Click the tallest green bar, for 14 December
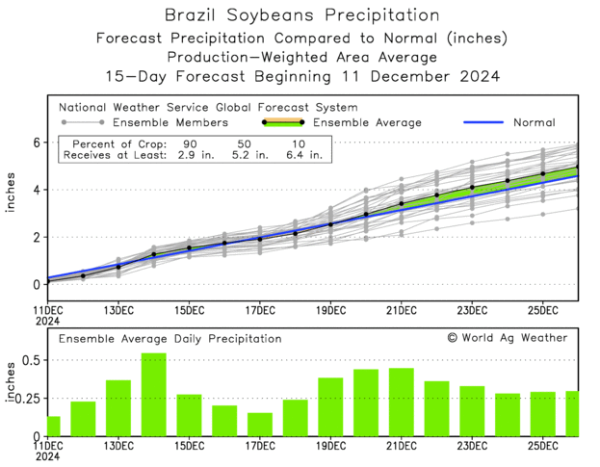click(154, 395)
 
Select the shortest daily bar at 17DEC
click(260, 425)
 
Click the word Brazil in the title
click(192, 15)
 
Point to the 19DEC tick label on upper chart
click(330, 310)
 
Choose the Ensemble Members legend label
click(170, 123)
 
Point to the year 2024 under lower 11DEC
click(48, 459)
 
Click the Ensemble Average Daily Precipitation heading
click(170, 339)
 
